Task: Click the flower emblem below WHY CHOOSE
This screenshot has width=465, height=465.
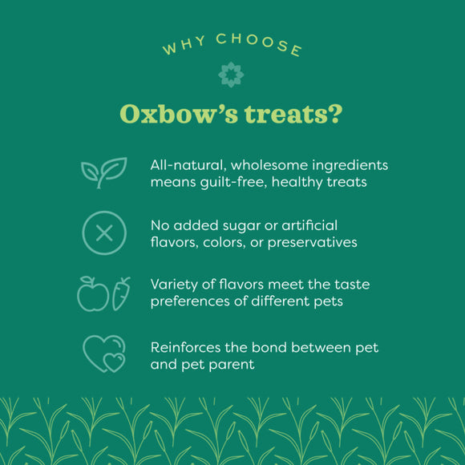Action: [x=232, y=75]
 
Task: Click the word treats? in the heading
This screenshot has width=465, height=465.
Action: [x=293, y=113]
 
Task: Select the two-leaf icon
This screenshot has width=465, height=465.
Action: [x=103, y=172]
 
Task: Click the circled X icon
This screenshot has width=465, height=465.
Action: [x=103, y=232]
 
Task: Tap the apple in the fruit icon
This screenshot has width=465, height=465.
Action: [x=92, y=295]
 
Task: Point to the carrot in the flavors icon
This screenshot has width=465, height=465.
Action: [x=121, y=293]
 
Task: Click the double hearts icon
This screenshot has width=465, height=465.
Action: [x=104, y=354]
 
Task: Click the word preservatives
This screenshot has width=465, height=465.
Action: [x=309, y=242]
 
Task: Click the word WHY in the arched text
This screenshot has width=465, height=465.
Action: [x=177, y=47]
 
